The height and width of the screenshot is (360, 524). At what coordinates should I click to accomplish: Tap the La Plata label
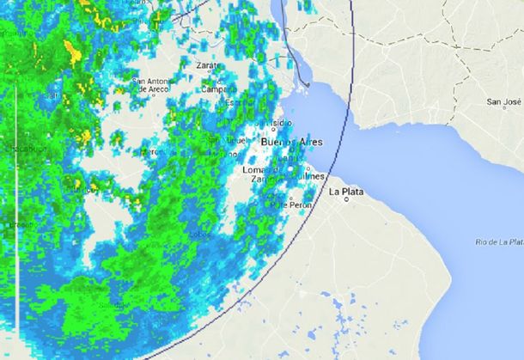(346, 192)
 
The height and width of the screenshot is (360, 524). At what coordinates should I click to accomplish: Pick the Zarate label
(210, 65)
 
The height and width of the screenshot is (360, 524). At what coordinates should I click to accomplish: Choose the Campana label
(217, 89)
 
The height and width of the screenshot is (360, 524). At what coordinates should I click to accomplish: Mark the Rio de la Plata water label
(498, 244)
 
